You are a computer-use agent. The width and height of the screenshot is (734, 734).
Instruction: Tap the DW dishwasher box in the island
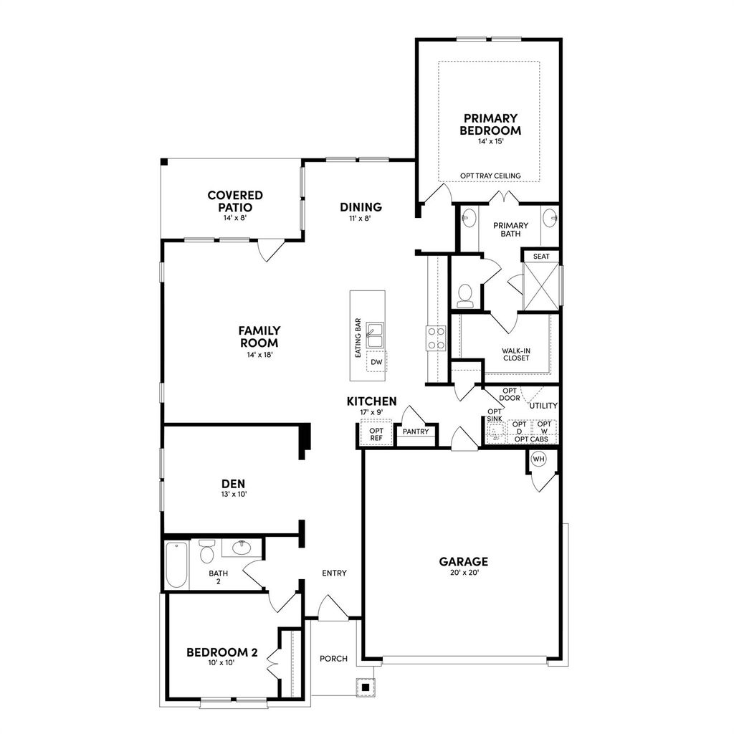[376, 363]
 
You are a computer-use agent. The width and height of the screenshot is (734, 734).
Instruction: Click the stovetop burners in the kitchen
[436, 338]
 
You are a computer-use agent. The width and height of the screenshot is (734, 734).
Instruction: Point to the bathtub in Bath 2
[176, 564]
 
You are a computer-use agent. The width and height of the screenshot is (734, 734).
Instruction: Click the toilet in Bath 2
[207, 552]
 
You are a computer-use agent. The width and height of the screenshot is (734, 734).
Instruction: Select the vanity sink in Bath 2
[242, 548]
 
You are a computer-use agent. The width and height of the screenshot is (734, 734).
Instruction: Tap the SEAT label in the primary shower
[541, 256]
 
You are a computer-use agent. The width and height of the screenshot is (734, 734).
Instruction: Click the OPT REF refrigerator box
[376, 434]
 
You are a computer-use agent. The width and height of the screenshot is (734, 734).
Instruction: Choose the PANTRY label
[416, 432]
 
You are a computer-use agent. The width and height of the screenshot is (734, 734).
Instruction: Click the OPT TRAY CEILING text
[490, 176]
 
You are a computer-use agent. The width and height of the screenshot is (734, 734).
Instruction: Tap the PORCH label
[333, 659]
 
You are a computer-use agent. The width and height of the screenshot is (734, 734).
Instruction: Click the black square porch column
[366, 687]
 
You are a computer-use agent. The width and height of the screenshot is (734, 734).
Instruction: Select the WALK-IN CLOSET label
[516, 354]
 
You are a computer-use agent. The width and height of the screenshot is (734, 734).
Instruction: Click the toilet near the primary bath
[466, 295]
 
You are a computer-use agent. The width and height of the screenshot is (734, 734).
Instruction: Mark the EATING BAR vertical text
[357, 338]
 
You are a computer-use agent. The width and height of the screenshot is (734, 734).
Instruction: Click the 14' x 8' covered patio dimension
[234, 217]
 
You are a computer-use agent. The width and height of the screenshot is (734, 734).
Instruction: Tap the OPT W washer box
[544, 428]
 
